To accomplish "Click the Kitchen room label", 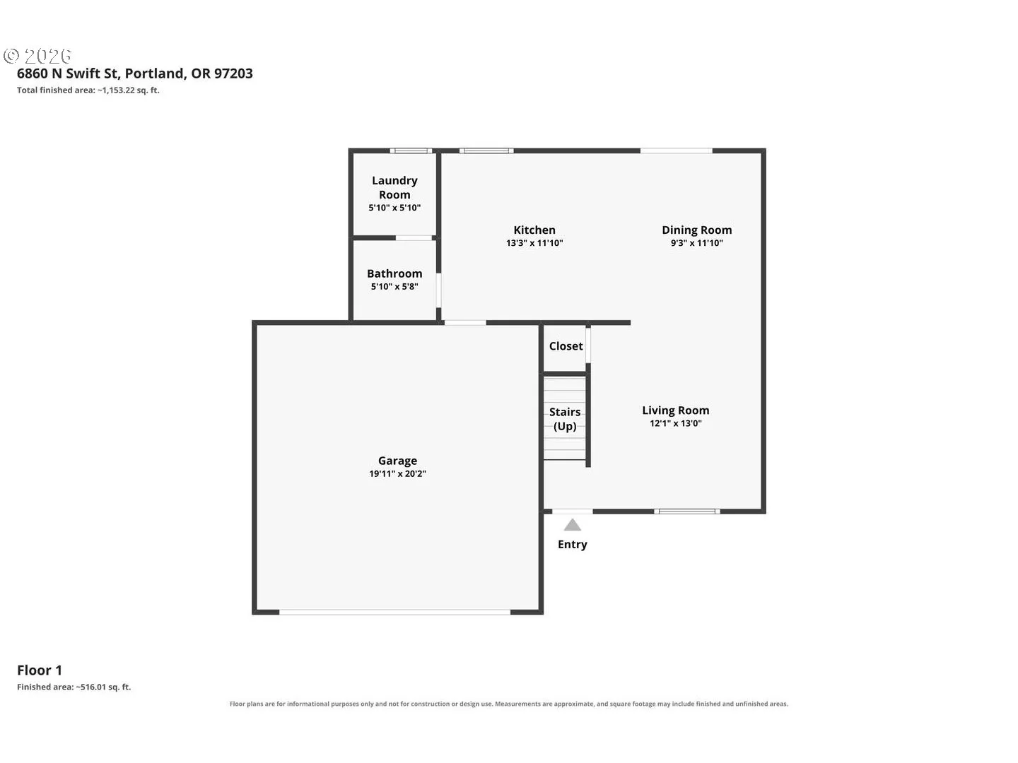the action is (534, 230).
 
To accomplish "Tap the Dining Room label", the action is (696, 230).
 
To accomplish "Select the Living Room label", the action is (675, 410).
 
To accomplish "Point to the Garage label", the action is (397, 461).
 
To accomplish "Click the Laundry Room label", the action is (394, 187).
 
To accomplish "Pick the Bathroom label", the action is (394, 273).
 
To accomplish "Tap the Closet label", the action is (566, 346).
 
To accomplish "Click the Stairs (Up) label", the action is (565, 419).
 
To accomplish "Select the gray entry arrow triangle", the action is (573, 525).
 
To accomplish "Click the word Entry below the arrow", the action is (573, 544).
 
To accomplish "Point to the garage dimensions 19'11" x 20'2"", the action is (397, 473).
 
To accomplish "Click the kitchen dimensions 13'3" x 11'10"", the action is (534, 243).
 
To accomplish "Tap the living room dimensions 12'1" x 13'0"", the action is (675, 423).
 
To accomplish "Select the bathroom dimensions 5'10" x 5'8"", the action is (394, 286).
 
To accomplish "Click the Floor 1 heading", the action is (40, 670).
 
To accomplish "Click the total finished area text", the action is (88, 90).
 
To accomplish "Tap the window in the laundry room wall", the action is (411, 150).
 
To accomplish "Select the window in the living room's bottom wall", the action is (687, 511).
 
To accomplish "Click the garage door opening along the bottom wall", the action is (394, 613).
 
